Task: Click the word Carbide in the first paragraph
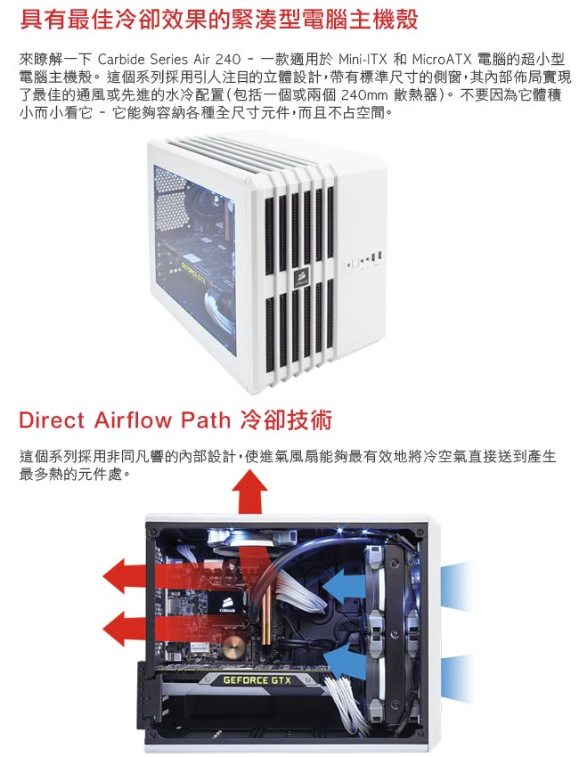[121, 60]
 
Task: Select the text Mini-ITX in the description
[363, 60]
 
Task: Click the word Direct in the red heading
[53, 420]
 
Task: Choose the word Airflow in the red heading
[133, 420]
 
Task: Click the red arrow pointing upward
[249, 492]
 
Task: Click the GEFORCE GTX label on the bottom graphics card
[257, 680]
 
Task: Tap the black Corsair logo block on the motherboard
[226, 604]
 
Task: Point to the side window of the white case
[194, 260]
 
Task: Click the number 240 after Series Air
[228, 60]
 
